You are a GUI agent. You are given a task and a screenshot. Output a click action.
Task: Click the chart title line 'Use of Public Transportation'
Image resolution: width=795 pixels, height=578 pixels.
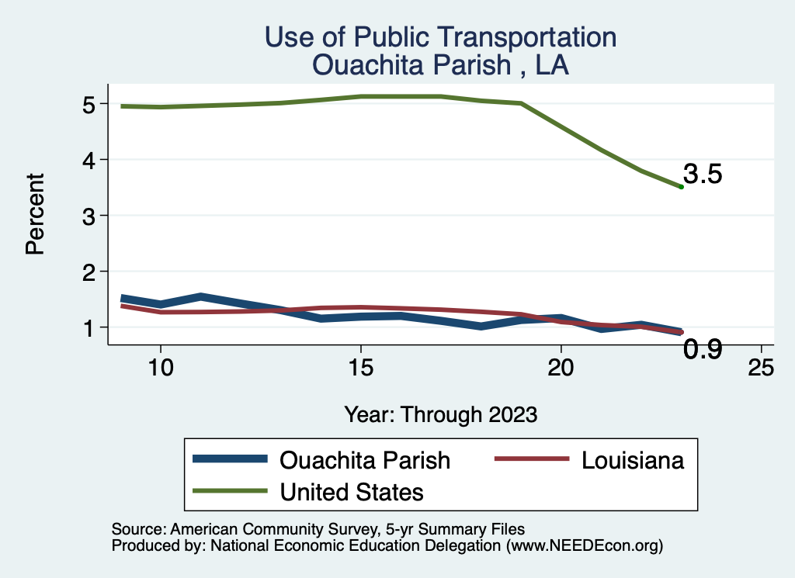(440, 37)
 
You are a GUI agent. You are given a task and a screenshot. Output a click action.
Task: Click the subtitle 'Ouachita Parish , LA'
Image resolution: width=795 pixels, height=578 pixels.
(440, 65)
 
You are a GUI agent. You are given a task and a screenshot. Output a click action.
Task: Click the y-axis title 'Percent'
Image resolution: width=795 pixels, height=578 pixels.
(34, 214)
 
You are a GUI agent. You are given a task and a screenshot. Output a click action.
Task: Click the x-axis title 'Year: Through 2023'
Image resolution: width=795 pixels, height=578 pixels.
(440, 414)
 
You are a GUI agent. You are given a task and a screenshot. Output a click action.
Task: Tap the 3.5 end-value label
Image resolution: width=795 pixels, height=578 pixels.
(703, 175)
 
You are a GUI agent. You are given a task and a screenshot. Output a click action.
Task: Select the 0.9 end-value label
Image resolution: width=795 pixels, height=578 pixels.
(703, 350)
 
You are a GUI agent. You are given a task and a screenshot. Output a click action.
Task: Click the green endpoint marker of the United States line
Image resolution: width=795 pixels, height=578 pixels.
(681, 187)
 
